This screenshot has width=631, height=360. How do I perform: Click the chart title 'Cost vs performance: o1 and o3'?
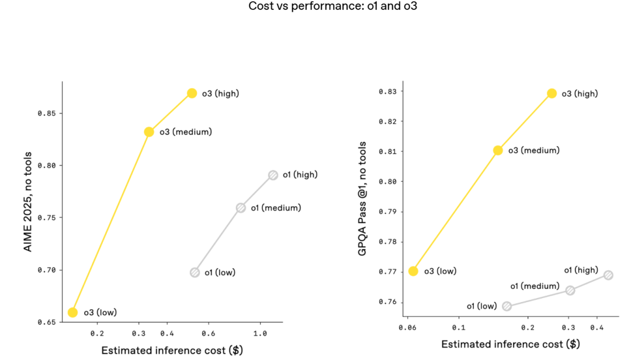pos(332,6)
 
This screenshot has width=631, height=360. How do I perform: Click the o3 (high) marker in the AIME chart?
pos(192,94)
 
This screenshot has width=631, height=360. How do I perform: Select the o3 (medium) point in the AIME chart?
pos(149,132)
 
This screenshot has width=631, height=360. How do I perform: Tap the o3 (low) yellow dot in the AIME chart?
pos(72,313)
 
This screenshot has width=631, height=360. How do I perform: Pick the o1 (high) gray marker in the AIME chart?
pos(273,175)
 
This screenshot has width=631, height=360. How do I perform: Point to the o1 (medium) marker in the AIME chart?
pos(241,208)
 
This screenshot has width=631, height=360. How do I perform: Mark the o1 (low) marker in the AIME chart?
pos(195,272)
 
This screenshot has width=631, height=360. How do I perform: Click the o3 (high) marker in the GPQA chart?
pos(552,94)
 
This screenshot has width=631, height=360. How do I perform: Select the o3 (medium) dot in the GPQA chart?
pos(498,150)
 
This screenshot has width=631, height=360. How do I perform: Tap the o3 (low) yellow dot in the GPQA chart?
pos(413,271)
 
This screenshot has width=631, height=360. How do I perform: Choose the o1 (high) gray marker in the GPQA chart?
pos(608,275)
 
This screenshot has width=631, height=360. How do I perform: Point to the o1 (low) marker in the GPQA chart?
pos(507,306)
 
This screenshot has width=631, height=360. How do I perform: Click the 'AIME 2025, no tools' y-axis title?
pos(27,202)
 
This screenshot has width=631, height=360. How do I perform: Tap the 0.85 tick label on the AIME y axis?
pos(47,113)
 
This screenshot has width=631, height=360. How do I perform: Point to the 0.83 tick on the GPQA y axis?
pos(387,92)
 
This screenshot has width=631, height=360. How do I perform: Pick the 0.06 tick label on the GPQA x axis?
pos(406,328)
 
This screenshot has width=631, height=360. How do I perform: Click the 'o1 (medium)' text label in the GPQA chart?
pos(535,286)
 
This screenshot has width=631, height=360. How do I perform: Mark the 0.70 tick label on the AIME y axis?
pos(47,270)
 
